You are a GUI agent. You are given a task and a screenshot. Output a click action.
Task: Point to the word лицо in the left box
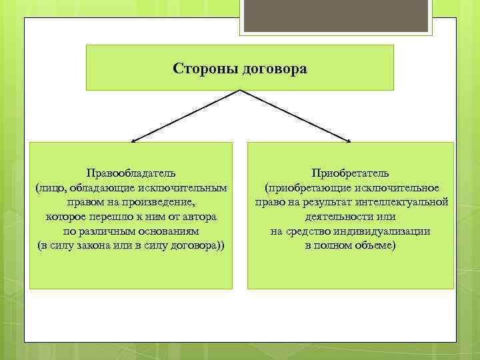point(51,188)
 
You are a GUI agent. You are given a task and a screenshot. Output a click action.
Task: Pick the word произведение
point(163,203)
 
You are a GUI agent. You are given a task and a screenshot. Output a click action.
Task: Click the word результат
point(326,203)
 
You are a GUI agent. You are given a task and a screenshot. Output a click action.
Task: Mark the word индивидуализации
point(386,231)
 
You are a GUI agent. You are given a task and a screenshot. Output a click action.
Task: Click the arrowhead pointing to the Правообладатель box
point(133,141)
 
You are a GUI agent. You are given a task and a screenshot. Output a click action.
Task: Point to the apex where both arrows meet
point(240,91)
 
